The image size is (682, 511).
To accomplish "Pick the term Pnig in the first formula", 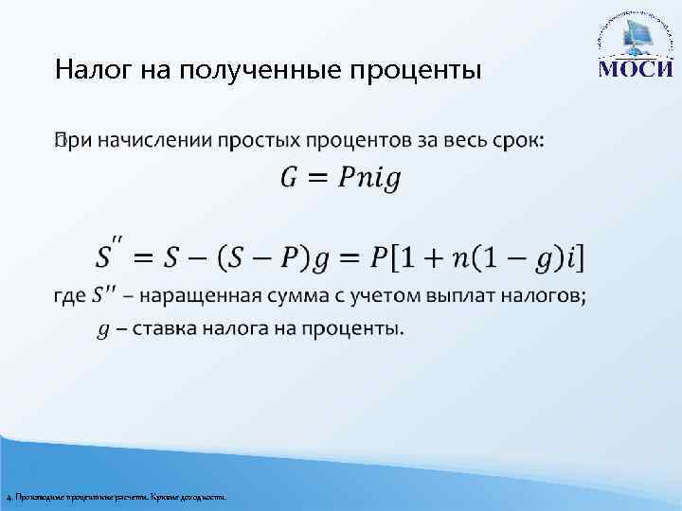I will [370, 179].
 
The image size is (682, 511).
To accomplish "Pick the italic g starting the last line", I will [103, 331].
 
